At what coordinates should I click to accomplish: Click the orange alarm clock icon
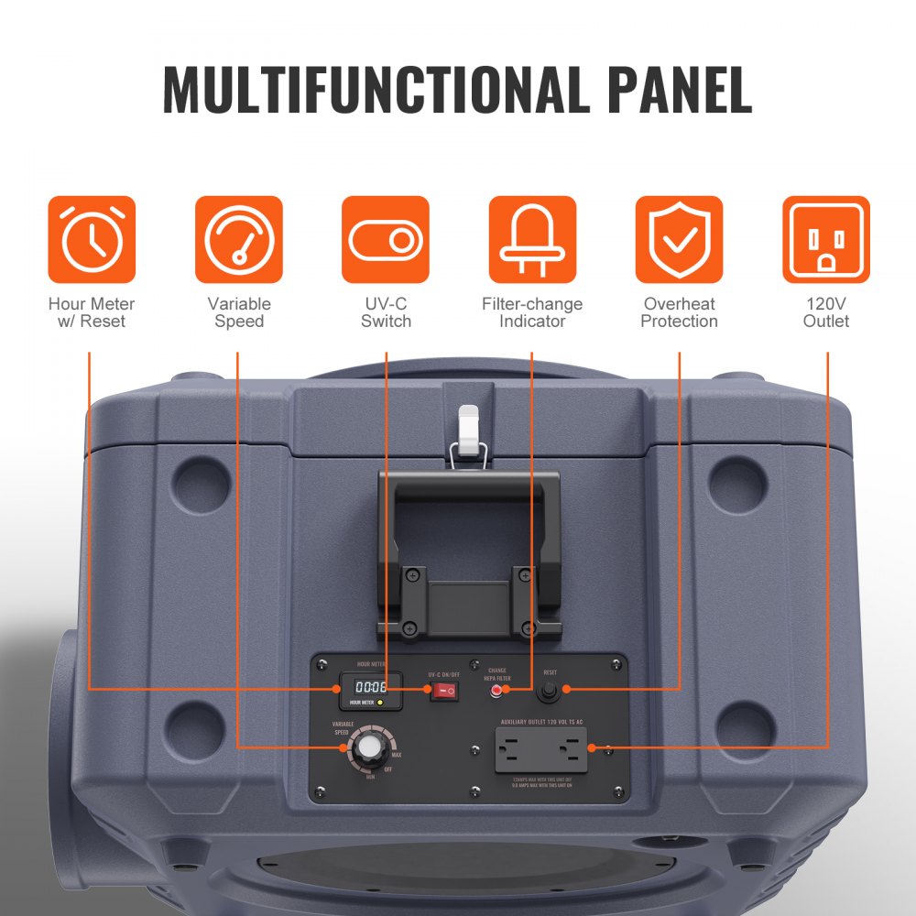pos(92,239)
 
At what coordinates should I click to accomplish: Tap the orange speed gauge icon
pos(239,239)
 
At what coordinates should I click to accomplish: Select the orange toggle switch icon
pos(386,239)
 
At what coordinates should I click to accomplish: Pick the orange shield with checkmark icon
pos(679,239)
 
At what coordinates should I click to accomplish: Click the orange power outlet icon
pos(826,239)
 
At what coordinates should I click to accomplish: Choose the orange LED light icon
pos(532,239)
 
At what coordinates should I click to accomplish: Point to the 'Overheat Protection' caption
pos(679,312)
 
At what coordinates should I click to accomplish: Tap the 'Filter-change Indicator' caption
pos(532,312)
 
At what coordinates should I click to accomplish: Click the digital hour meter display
pos(371,686)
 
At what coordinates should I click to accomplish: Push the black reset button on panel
pos(551,691)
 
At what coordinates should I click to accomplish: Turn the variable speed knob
pos(369,747)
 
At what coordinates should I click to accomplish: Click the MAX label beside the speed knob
pos(396,755)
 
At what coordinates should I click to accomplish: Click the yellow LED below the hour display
pos(380,703)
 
